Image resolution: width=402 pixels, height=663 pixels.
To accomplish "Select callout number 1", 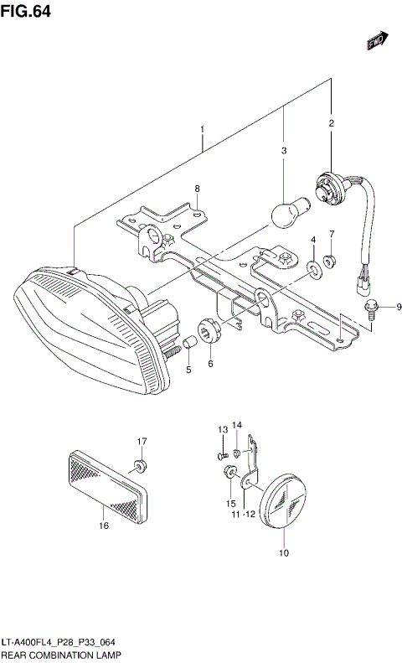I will (202, 130).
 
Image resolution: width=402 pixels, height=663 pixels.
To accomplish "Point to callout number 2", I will (331, 124).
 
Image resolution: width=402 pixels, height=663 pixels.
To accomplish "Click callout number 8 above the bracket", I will (197, 189).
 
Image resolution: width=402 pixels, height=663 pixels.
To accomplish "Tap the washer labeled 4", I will (313, 268).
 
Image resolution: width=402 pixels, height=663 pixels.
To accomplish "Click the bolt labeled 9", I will (370, 309).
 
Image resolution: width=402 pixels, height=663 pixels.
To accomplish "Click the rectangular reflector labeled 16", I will (106, 484).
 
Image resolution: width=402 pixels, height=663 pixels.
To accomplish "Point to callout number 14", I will (237, 425).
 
